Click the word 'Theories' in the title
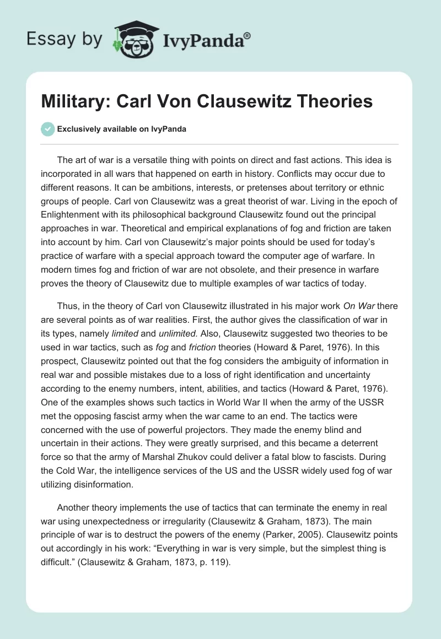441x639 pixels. point(331,101)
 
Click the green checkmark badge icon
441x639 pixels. point(47,129)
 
